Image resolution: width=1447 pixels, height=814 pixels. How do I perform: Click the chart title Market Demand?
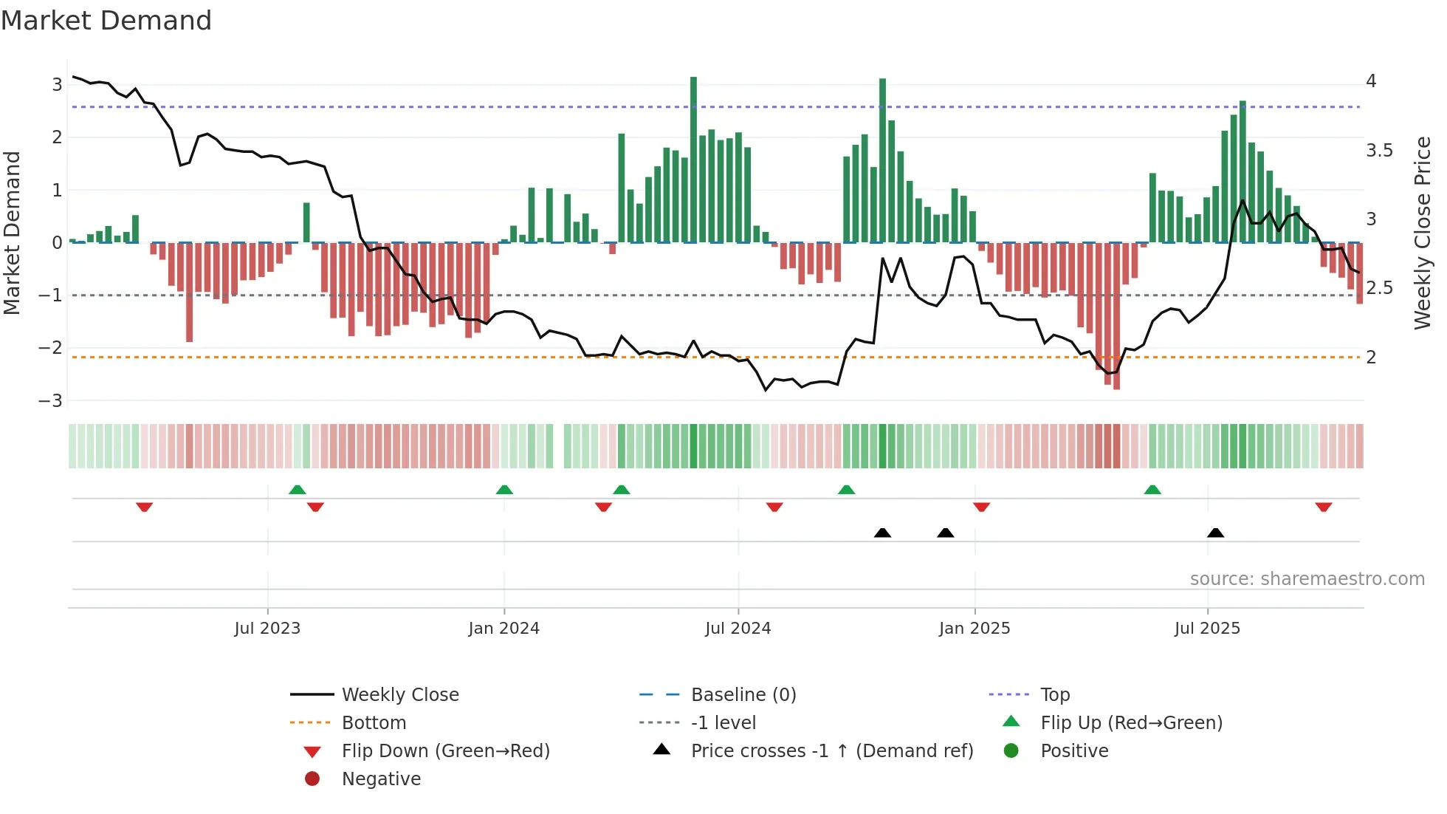pyautogui.click(x=106, y=21)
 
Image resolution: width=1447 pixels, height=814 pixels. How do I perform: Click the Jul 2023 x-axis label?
pyautogui.click(x=267, y=629)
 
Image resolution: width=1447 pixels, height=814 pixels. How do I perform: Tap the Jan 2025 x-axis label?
pyautogui.click(x=974, y=629)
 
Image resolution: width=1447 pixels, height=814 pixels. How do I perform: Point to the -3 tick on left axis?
pyautogui.click(x=52, y=401)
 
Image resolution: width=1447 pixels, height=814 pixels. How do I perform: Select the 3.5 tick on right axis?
pyautogui.click(x=1378, y=151)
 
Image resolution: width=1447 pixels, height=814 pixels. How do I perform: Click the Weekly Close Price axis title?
pyautogui.click(x=1422, y=232)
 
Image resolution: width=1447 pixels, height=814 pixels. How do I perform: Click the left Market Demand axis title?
pyautogui.click(x=13, y=232)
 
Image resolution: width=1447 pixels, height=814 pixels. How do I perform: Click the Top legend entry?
pyautogui.click(x=1054, y=695)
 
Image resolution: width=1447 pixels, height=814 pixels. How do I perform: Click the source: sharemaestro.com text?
pyautogui.click(x=1307, y=579)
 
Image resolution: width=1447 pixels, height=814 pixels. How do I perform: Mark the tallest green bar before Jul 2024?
pyautogui.click(x=693, y=159)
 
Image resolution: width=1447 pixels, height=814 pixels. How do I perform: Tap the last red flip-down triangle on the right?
pyautogui.click(x=1323, y=507)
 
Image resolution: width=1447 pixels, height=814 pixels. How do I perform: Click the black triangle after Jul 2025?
pyautogui.click(x=1215, y=533)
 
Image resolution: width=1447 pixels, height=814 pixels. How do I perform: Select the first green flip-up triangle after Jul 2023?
pyautogui.click(x=297, y=490)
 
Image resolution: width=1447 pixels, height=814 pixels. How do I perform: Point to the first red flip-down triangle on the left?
pyautogui.click(x=144, y=507)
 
